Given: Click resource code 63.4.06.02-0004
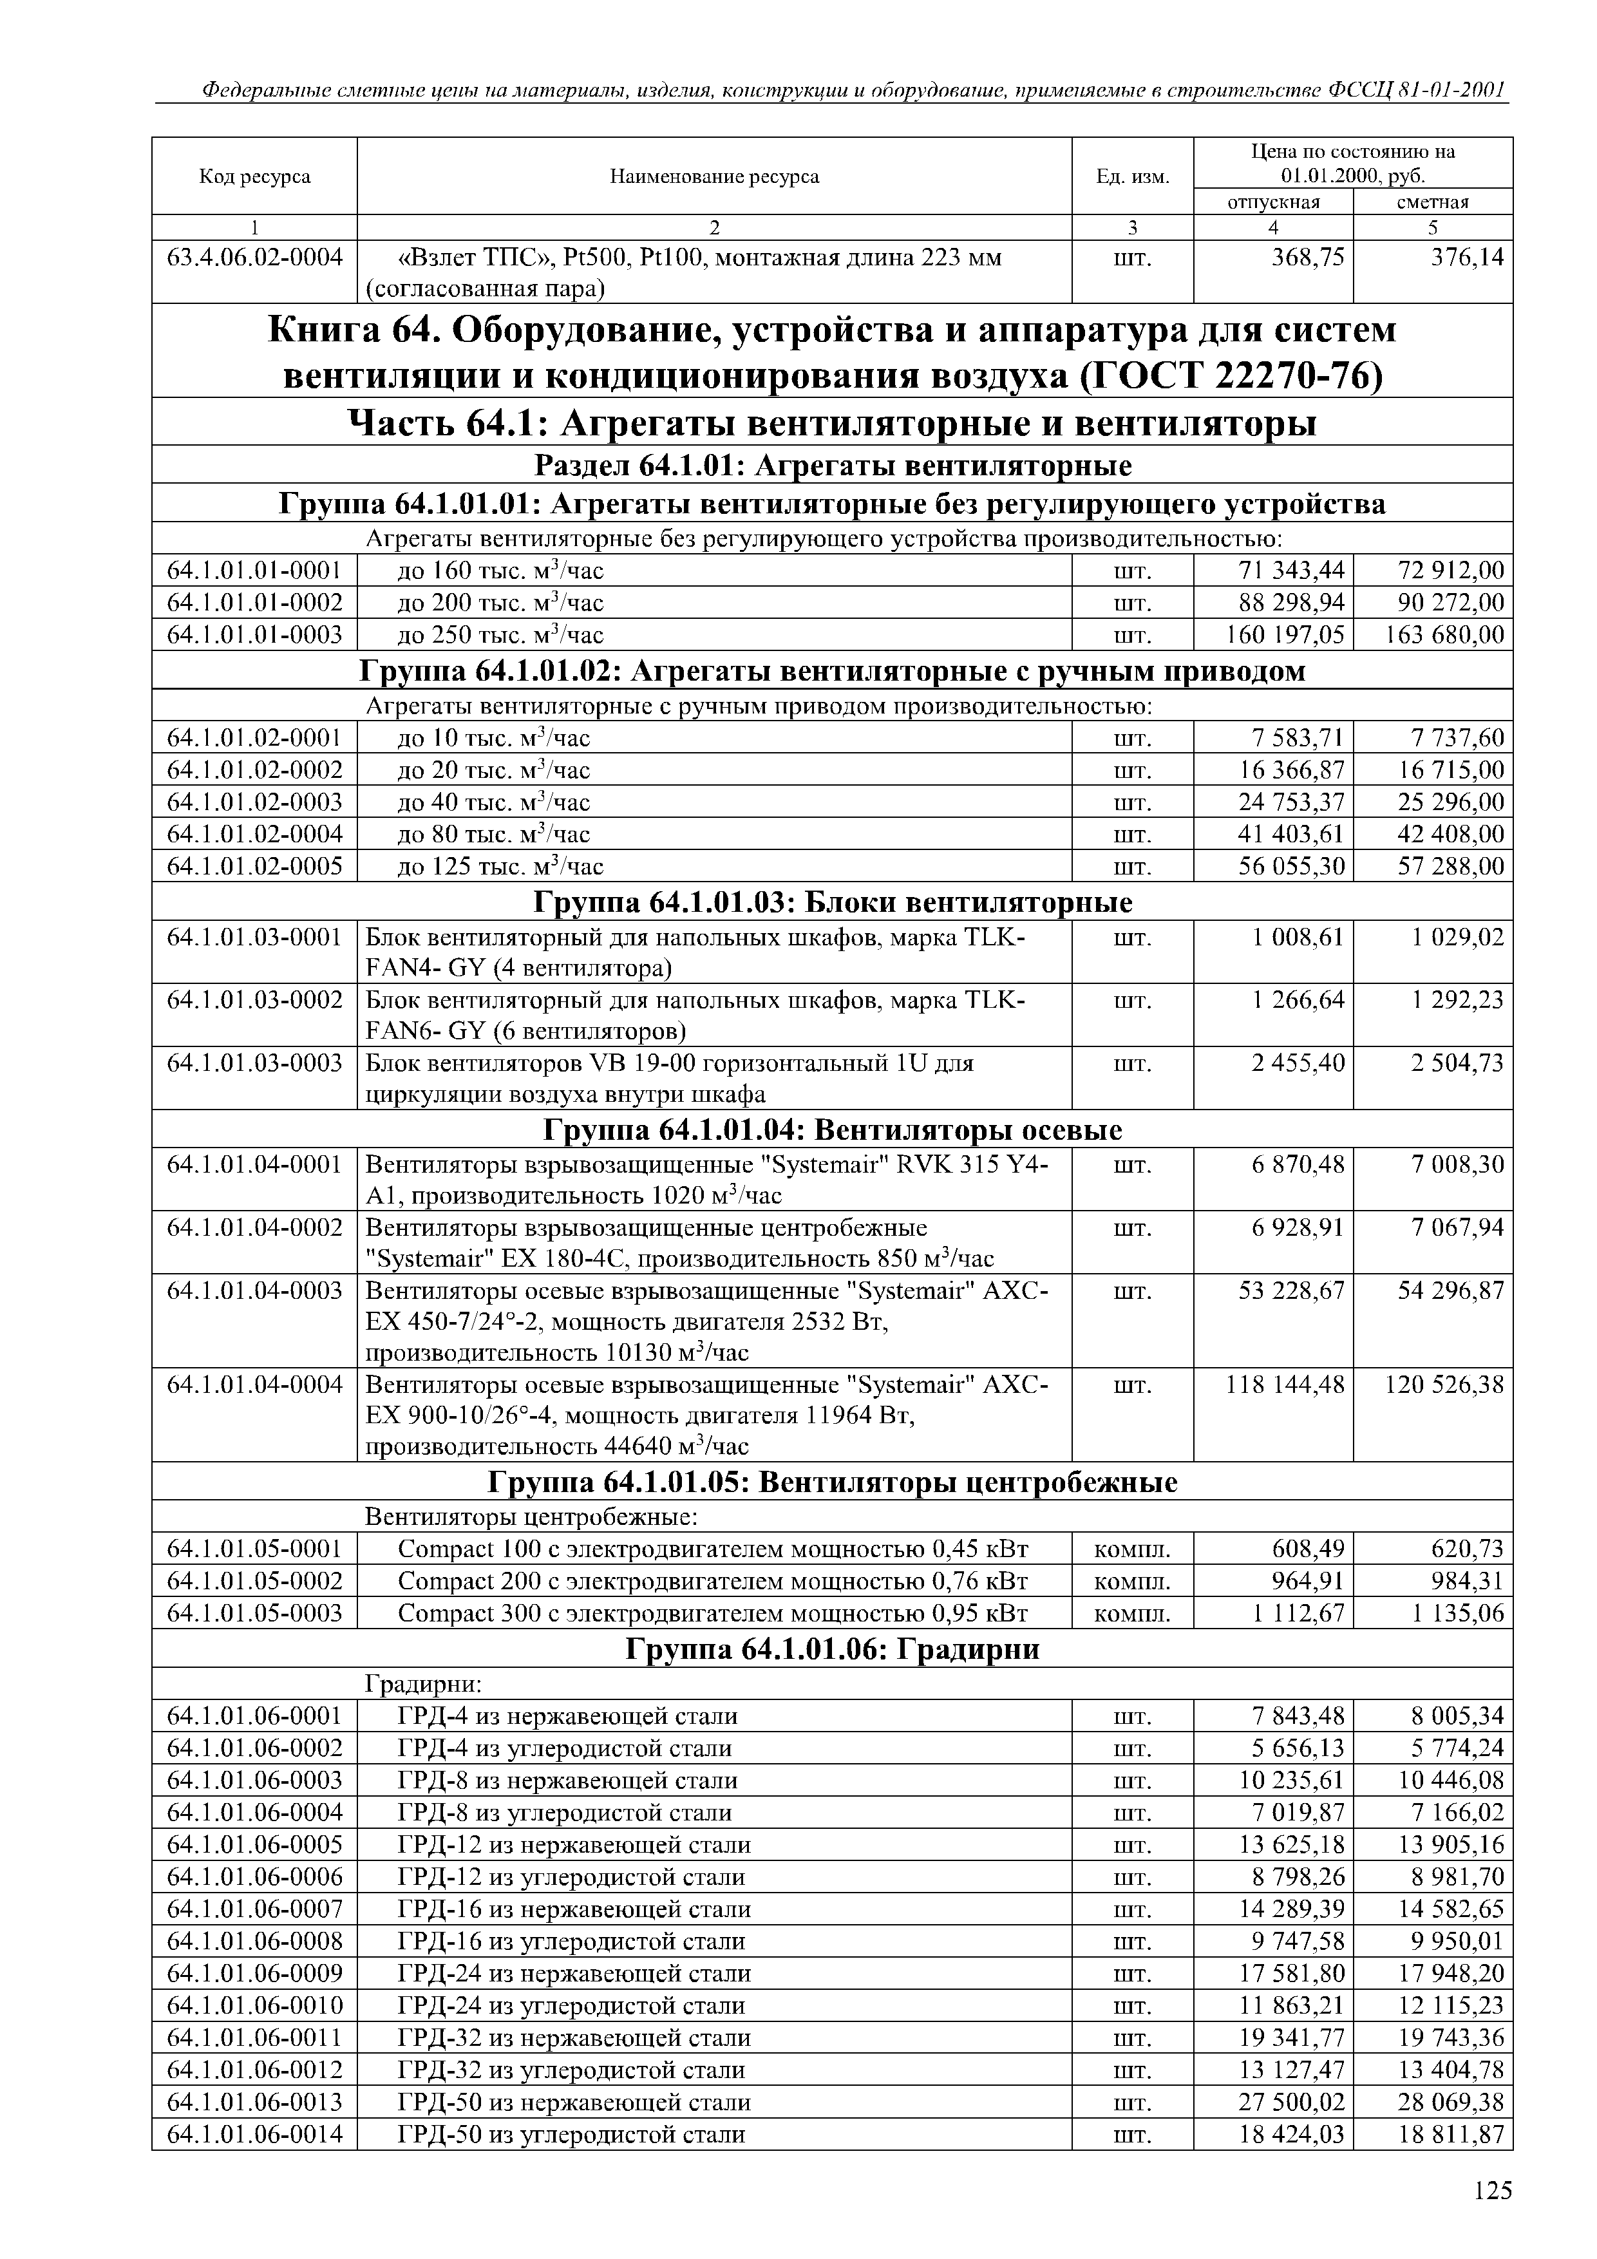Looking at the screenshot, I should [255, 258].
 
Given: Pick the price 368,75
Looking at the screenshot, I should [1307, 258].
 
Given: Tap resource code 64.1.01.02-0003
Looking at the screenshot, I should [255, 802].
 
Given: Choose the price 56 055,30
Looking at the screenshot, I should [1291, 867].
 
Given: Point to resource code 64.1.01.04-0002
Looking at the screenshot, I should [255, 1228].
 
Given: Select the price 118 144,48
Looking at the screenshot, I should [1285, 1385].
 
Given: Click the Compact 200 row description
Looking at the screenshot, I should [712, 1581].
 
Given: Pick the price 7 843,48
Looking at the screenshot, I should [1298, 1716].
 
